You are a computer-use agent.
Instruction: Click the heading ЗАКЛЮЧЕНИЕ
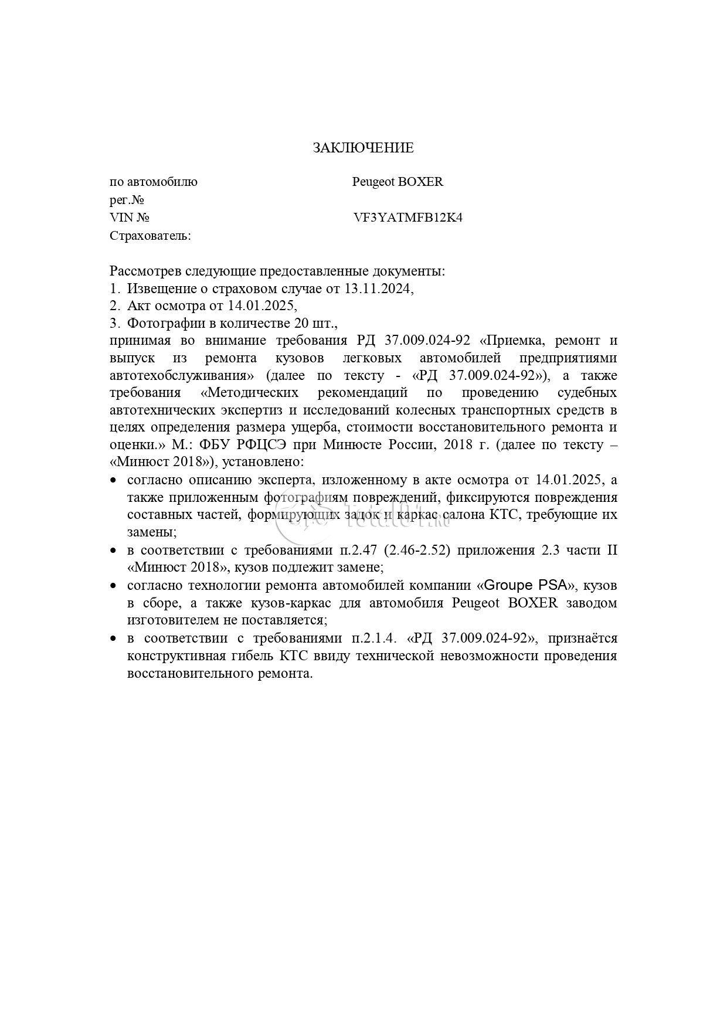pyautogui.click(x=363, y=148)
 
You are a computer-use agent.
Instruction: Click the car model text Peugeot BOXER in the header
pyautogui.click(x=398, y=182)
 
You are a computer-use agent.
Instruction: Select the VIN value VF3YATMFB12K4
pyautogui.click(x=408, y=218)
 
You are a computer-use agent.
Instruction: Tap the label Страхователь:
pyautogui.click(x=150, y=236)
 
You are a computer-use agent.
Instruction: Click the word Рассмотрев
pyautogui.click(x=145, y=271)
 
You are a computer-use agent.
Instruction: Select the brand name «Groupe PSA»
pyautogui.click(x=526, y=586)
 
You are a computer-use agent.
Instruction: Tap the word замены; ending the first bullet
pyautogui.click(x=152, y=532)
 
